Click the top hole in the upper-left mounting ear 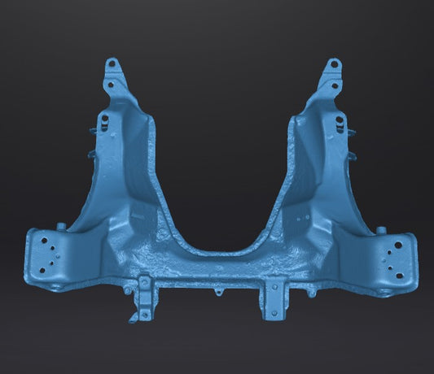(x=112, y=65)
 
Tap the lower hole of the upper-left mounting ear (x=109, y=82)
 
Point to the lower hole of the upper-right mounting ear (x=337, y=82)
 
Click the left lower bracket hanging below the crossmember (x=145, y=298)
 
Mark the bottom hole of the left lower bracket (x=145, y=313)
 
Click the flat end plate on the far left (x=44, y=256)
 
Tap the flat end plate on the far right (x=396, y=256)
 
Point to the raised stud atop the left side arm (x=60, y=226)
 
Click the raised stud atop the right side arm (x=379, y=230)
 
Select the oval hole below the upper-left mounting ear (x=103, y=121)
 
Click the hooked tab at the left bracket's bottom (x=133, y=316)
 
